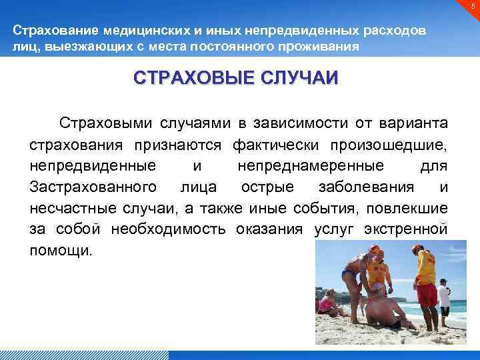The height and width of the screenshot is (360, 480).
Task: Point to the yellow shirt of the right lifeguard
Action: [424, 267]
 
